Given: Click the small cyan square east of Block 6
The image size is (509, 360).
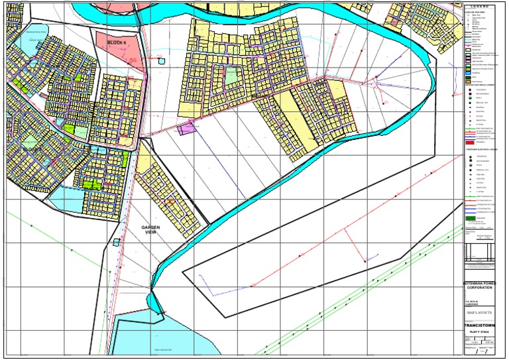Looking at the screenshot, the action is pyautogui.click(x=162, y=61).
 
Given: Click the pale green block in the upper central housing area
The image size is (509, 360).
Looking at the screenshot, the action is pyautogui.click(x=231, y=77).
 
